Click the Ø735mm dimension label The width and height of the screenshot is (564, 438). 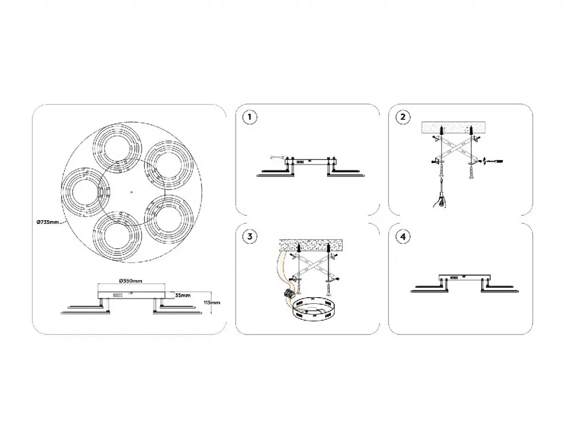click(47, 222)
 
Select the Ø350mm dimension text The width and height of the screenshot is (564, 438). click(131, 281)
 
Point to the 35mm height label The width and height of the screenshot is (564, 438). click(183, 295)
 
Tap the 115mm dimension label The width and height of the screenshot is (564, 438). click(212, 303)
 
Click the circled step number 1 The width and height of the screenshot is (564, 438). click(250, 117)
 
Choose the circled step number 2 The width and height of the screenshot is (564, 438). click(403, 117)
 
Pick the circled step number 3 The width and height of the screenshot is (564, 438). click(250, 237)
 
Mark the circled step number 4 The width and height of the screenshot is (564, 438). click(403, 237)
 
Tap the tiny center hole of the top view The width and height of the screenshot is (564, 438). click(132, 192)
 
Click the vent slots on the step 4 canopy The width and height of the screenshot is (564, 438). click(454, 278)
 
